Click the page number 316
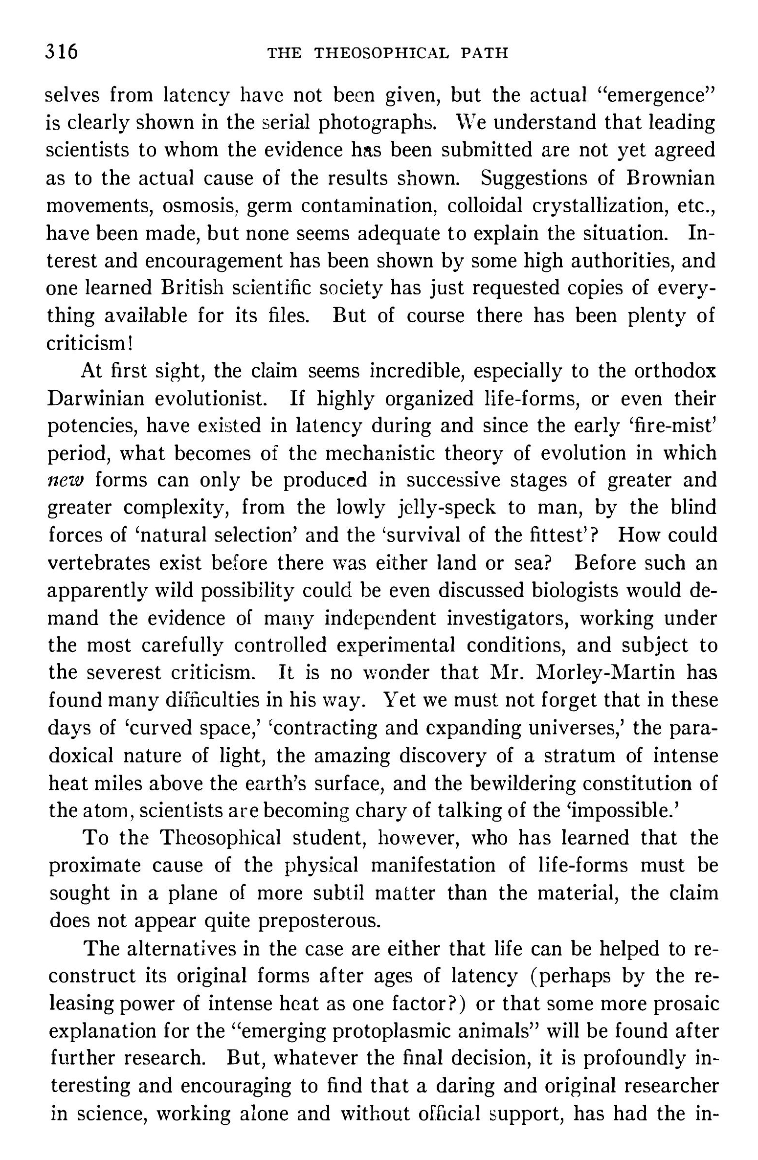(x=62, y=51)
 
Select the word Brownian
(x=670, y=178)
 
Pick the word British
(x=192, y=288)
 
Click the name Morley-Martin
(x=606, y=673)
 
